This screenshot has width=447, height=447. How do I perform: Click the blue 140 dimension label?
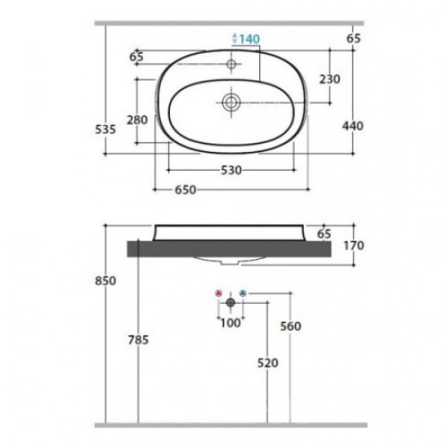tap(246, 38)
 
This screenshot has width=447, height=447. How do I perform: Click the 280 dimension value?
tap(137, 119)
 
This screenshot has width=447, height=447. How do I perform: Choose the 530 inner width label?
tap(232, 170)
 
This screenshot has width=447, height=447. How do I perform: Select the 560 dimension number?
tap(290, 326)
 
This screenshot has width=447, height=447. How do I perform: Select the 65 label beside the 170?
tap(324, 233)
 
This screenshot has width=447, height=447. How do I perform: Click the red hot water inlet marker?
tap(217, 292)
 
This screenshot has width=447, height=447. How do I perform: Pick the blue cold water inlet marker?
tap(243, 292)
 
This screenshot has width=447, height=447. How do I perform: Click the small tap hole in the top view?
tap(231, 63)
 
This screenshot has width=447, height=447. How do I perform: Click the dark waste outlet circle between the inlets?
tap(230, 302)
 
